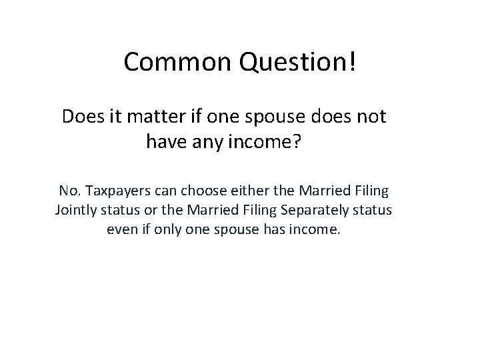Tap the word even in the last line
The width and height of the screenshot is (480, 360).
pyautogui.click(x=121, y=231)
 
